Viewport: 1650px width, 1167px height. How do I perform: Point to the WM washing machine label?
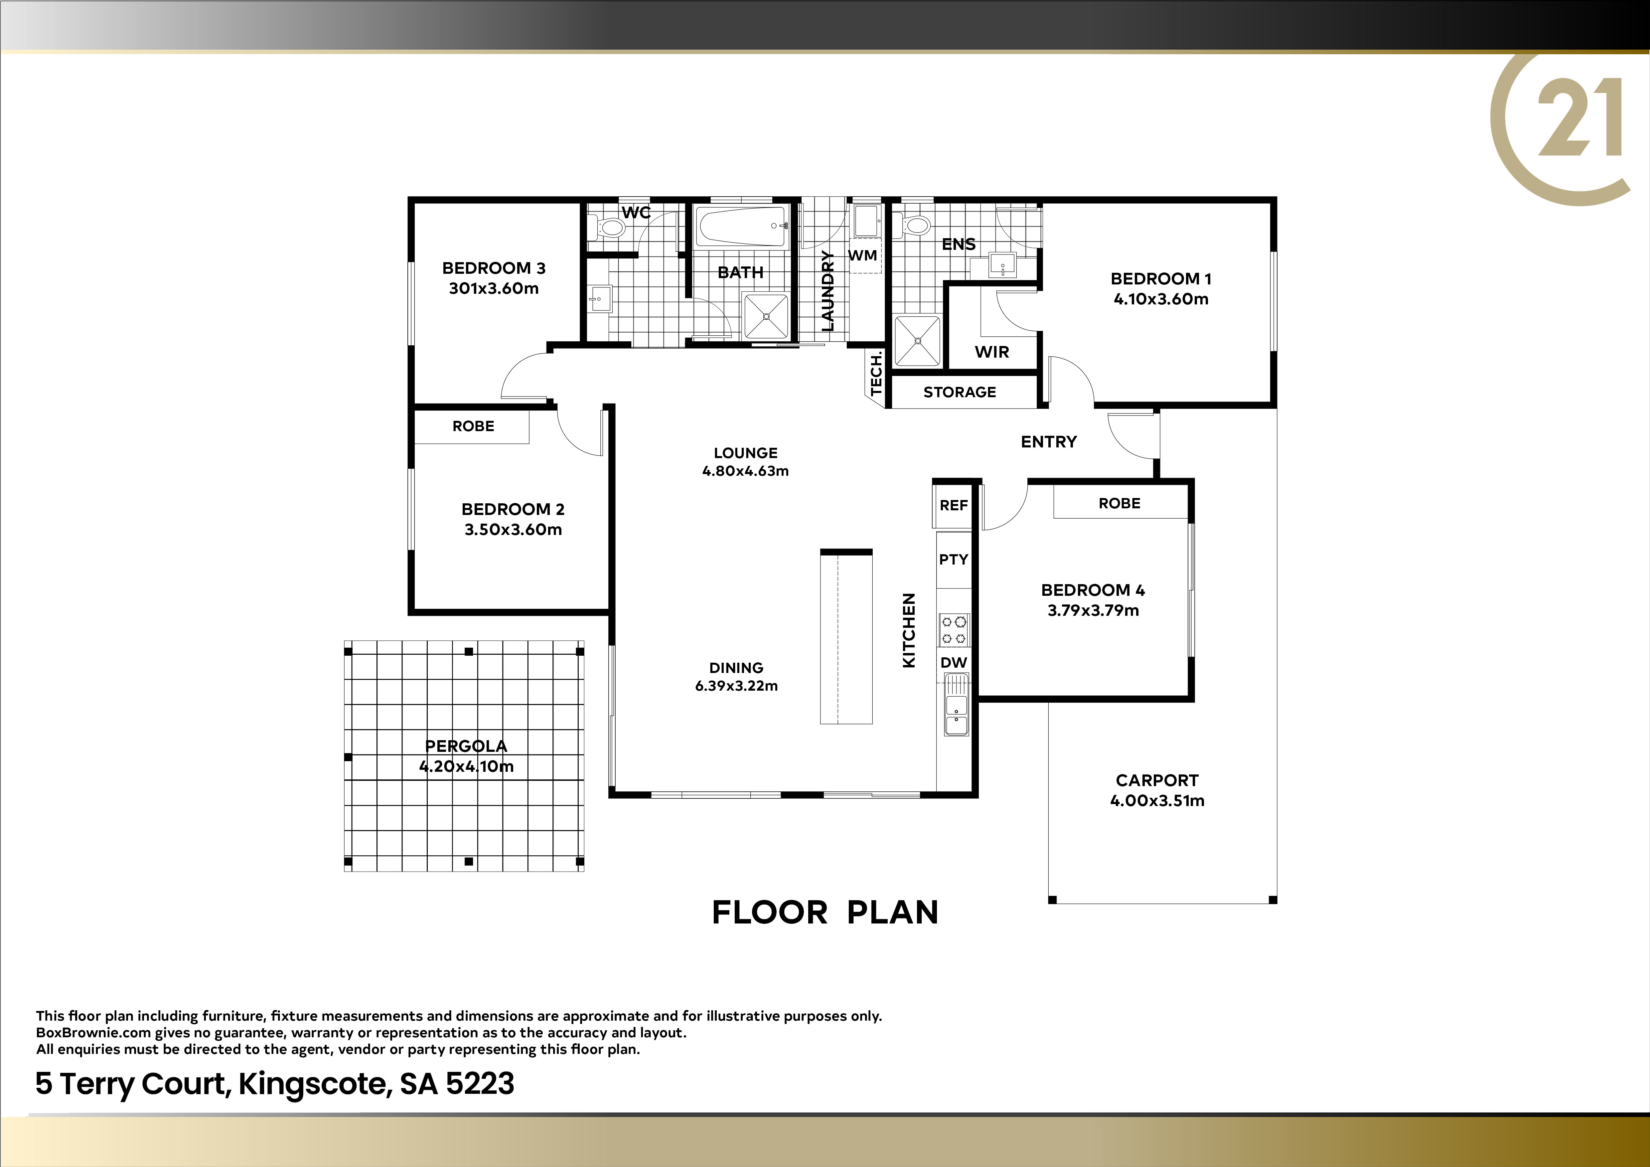pos(862,255)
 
